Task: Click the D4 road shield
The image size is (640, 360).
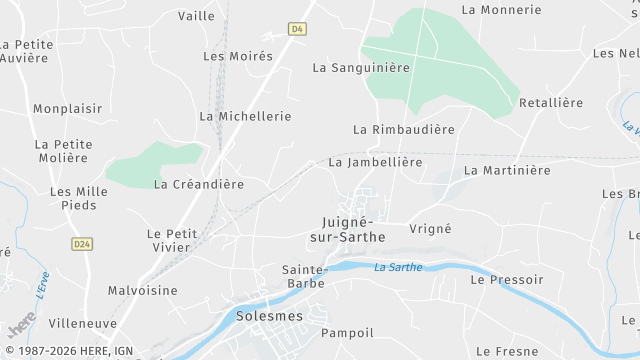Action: [x=297, y=29]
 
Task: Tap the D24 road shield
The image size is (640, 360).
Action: [x=82, y=243]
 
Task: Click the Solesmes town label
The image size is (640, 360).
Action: [x=269, y=316]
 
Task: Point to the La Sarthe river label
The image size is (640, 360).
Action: [x=398, y=267]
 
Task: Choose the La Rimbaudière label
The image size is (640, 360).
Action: [x=404, y=130]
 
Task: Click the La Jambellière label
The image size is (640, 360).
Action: [x=375, y=162]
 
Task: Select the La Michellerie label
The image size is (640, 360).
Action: [x=245, y=116]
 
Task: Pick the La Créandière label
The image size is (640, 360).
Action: [x=199, y=184]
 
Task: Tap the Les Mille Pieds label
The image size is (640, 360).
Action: [x=73, y=198]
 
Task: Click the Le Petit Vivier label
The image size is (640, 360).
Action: [x=173, y=241]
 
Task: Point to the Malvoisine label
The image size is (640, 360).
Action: [x=142, y=291]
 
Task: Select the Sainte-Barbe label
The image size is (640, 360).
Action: [x=305, y=276]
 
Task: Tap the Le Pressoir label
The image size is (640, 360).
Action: [x=506, y=280]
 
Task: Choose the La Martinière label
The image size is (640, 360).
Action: [x=507, y=171]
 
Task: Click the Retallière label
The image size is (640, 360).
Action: [x=551, y=103]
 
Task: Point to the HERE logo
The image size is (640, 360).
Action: [x=20, y=328]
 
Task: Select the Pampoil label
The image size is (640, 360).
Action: [x=347, y=332]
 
